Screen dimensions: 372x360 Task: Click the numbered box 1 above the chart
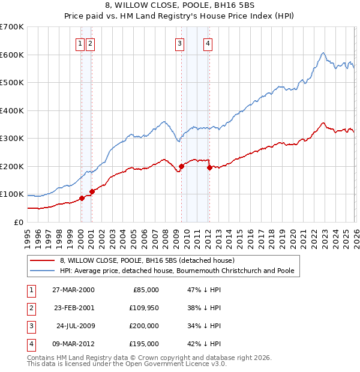tap(80, 43)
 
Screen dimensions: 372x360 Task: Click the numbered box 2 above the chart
tap(89, 43)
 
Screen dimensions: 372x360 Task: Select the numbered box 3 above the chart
tap(179, 43)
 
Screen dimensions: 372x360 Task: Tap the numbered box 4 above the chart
tap(207, 43)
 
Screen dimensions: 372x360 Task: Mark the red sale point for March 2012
tap(209, 168)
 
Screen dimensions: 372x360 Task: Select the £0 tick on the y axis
tap(18, 222)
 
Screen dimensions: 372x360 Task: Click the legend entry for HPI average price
tap(177, 271)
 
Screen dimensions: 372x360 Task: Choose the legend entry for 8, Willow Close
tap(151, 260)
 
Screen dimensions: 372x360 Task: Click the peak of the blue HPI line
tap(323, 53)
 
